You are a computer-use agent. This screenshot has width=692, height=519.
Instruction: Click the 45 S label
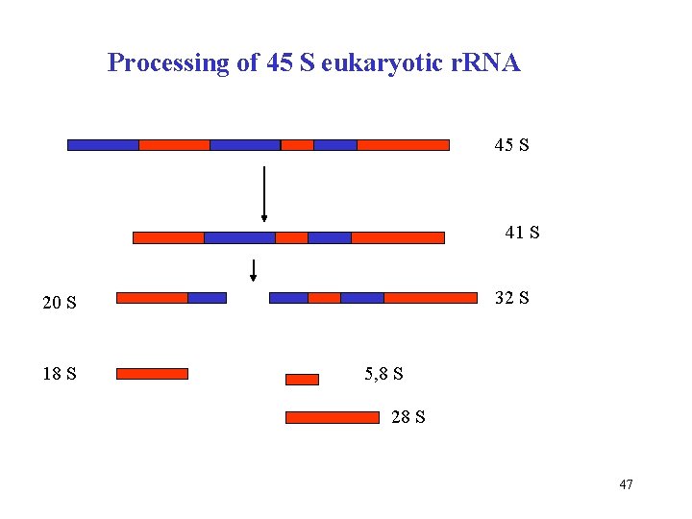(511, 146)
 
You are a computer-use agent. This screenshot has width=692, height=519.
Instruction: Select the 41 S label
(522, 233)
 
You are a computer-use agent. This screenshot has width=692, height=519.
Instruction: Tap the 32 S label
(510, 298)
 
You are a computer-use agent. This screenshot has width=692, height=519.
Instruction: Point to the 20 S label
(60, 304)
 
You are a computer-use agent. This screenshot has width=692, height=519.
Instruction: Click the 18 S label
(60, 373)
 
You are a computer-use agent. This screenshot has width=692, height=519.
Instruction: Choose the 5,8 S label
(383, 373)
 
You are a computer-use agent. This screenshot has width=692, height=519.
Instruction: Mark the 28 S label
(408, 417)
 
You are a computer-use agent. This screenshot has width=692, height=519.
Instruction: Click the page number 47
(626, 484)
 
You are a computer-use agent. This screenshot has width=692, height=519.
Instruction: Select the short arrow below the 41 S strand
(254, 270)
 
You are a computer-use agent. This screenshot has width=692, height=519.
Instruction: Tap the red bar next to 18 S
(152, 374)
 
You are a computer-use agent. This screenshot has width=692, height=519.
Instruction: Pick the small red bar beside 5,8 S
(302, 380)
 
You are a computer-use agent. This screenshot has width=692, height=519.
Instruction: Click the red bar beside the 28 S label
(333, 418)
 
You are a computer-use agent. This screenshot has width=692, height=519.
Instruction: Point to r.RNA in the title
(482, 63)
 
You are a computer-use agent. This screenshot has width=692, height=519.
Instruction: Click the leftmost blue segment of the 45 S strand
(103, 145)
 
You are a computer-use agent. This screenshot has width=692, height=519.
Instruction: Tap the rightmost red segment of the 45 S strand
(403, 145)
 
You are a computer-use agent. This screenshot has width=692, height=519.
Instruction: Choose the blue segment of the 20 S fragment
(207, 298)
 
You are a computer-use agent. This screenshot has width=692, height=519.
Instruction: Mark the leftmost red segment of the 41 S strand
(168, 237)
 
